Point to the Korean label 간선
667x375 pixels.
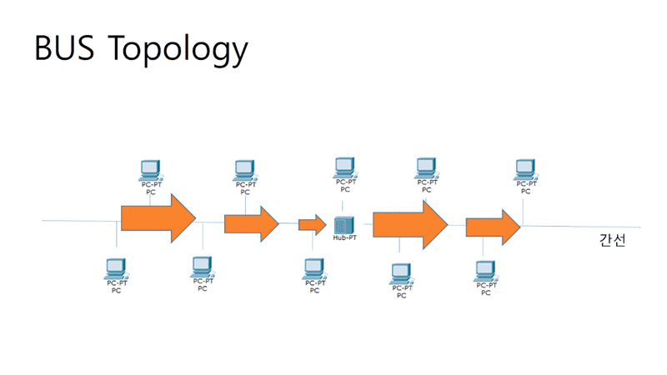coord(613,240)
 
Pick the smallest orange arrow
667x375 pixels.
coord(313,224)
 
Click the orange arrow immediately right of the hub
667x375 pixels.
coord(410,224)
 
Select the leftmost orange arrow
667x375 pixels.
coord(158,218)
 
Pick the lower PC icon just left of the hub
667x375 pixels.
coord(313,268)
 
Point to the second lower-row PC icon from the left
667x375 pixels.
coord(203,267)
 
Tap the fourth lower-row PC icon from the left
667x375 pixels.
coord(401,272)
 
